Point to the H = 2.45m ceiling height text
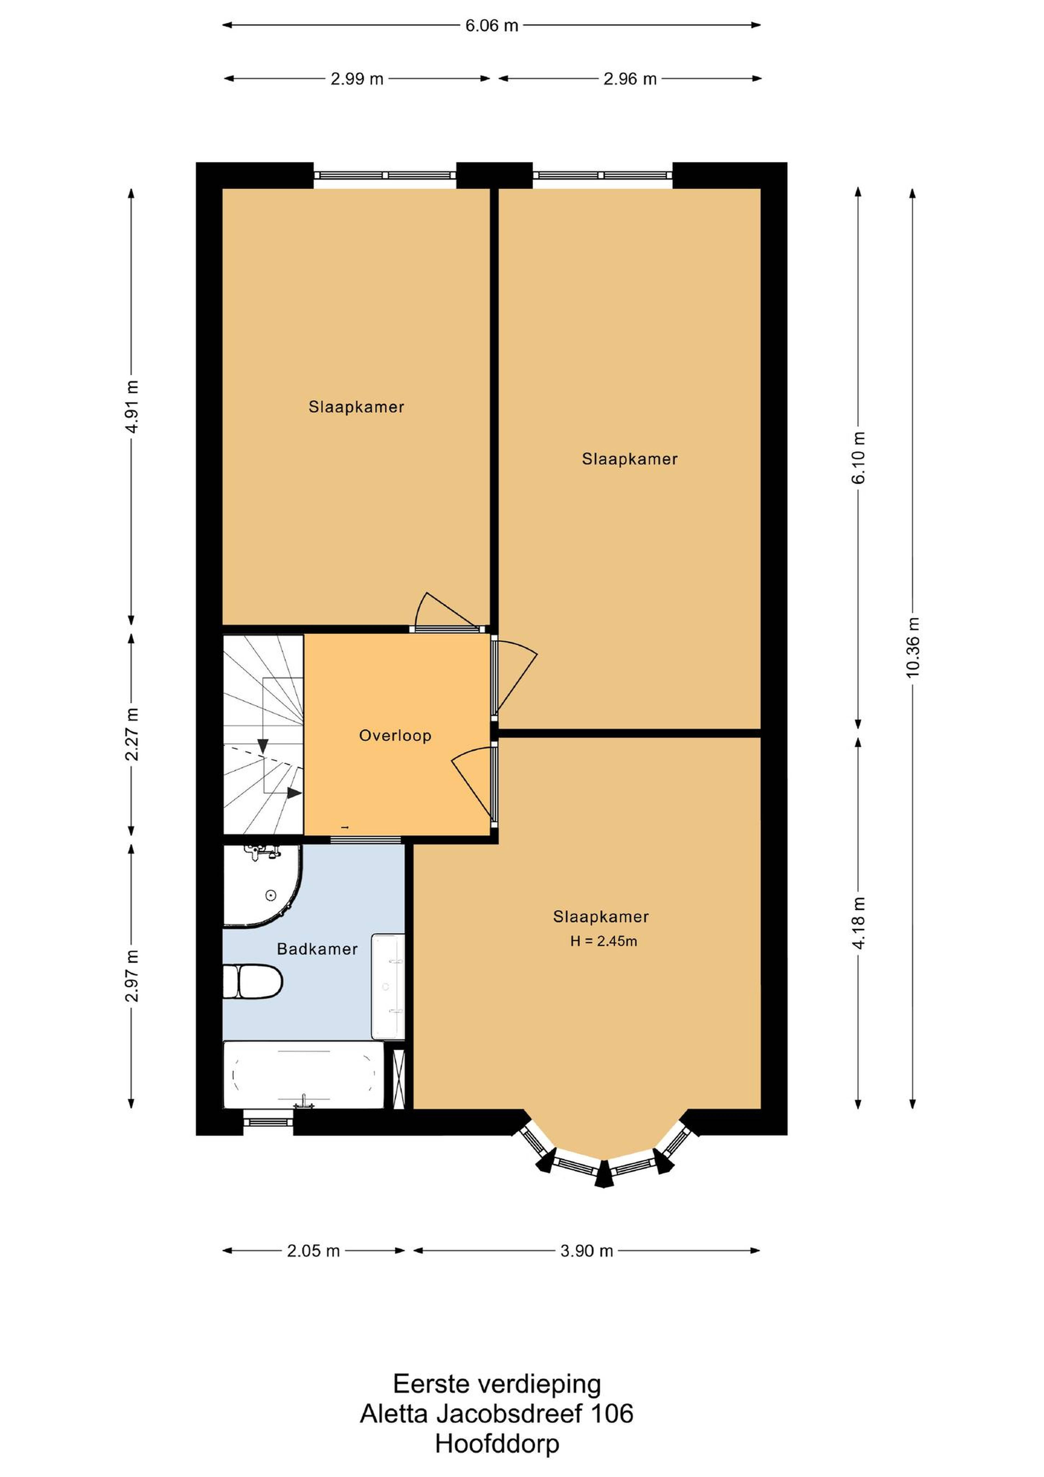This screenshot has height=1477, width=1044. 603,941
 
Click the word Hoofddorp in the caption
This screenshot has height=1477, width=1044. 497,1444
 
